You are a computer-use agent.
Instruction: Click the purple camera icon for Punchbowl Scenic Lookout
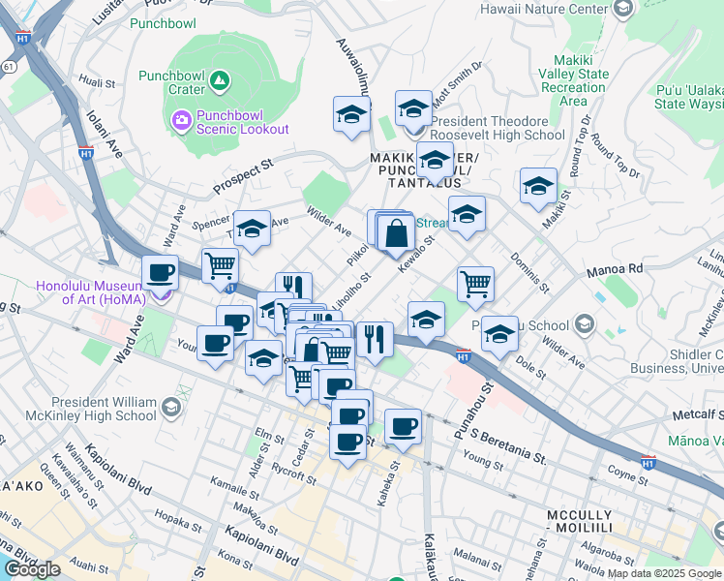tap(180, 120)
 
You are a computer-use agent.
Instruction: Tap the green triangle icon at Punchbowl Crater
tap(221, 81)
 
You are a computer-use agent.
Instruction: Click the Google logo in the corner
tap(32, 569)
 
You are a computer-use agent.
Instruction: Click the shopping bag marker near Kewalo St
tap(397, 233)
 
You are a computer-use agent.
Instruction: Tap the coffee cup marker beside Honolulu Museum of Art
tap(161, 272)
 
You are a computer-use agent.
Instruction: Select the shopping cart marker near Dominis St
tap(475, 284)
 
